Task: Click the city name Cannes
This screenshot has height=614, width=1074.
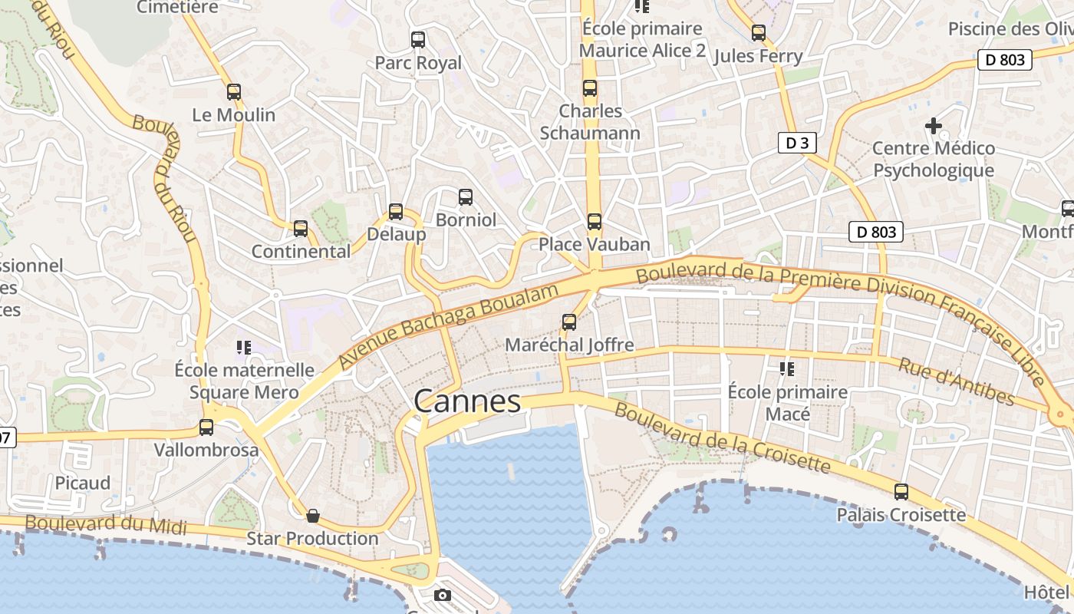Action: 467,401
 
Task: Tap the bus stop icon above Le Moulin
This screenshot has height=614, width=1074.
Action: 234,92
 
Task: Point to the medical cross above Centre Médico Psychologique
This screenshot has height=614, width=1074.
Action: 933,125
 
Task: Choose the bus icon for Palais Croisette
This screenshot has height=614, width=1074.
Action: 901,491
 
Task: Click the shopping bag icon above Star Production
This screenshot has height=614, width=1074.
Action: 312,515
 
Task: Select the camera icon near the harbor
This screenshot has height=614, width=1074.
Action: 443,595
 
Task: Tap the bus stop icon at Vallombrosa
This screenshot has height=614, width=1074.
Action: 206,427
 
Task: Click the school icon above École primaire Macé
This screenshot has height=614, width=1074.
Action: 787,369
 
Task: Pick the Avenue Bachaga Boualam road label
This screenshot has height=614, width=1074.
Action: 447,325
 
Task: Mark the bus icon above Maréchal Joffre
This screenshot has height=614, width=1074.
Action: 569,322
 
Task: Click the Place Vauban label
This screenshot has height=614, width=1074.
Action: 594,245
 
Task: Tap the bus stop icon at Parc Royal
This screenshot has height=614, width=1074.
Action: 418,40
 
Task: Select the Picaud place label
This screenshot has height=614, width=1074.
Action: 83,483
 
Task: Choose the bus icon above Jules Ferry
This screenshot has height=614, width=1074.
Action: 759,33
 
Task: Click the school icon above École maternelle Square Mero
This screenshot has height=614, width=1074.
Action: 244,348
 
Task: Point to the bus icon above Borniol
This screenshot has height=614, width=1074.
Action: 466,197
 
